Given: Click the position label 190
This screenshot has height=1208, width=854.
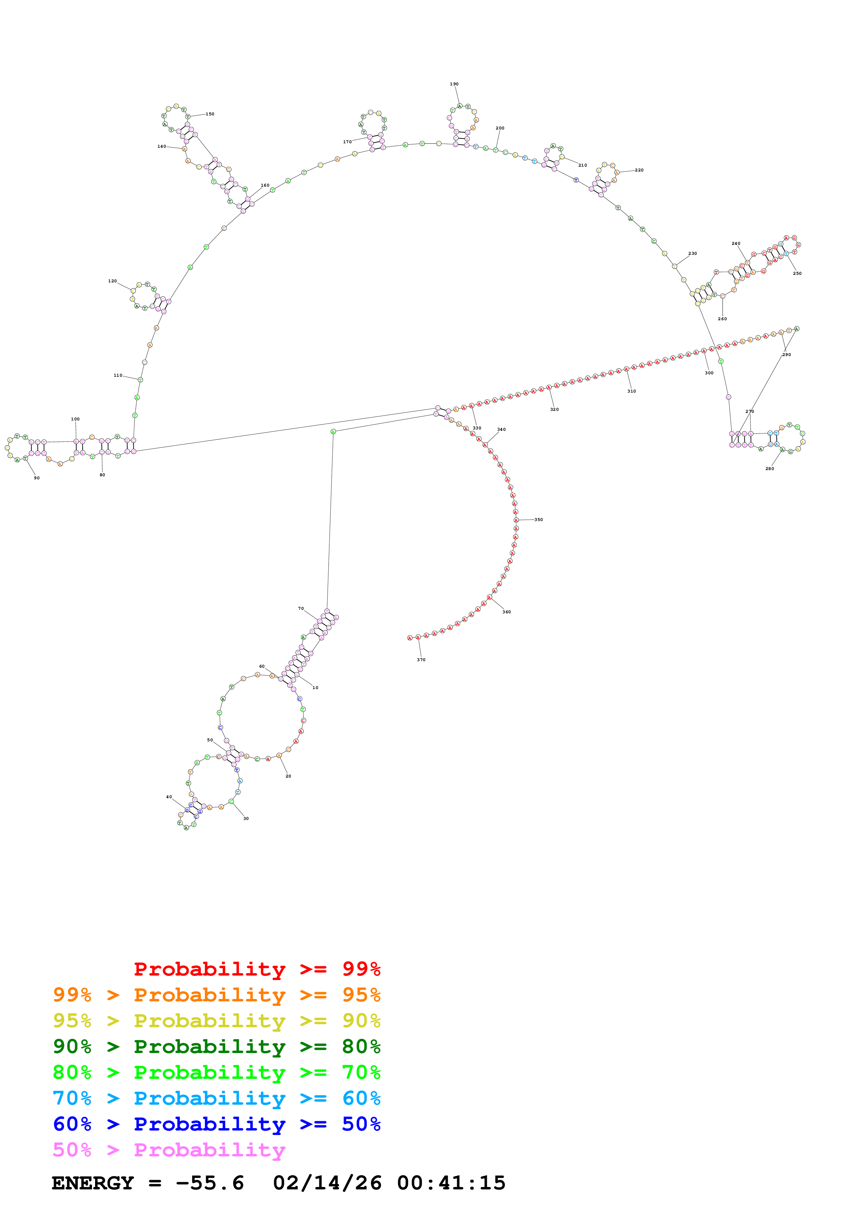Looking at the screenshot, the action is (454, 84).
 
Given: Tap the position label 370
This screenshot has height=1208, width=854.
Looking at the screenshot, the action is (421, 660).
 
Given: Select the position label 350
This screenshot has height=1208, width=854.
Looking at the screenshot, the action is (538, 520).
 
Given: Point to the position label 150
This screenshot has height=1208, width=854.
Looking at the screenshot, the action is (210, 114).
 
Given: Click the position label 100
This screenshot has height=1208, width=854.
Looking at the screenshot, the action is (75, 419).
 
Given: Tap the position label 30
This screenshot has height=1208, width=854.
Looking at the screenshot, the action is (246, 819).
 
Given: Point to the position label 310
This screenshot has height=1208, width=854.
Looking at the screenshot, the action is (631, 392).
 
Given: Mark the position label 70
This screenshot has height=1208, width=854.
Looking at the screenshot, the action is (301, 609).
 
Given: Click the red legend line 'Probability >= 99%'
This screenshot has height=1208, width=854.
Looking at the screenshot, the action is (257, 969).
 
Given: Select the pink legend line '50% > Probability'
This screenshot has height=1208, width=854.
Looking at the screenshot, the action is (169, 1150).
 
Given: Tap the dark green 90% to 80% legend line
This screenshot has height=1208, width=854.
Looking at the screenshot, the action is (216, 1046).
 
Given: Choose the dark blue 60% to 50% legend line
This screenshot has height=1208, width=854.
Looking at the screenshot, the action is (216, 1124).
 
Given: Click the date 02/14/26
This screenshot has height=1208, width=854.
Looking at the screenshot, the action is (327, 1183).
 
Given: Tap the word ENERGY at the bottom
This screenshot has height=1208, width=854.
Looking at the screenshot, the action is (93, 1183).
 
